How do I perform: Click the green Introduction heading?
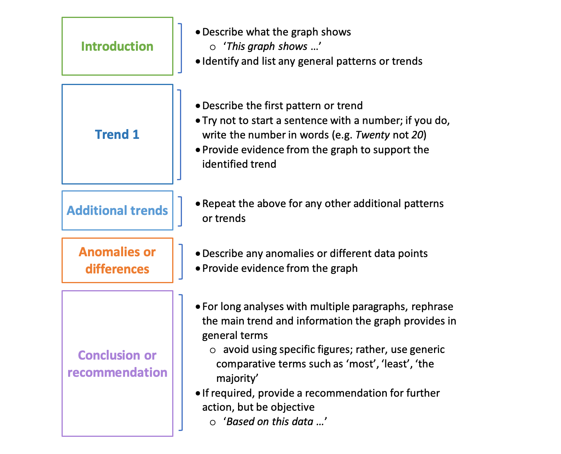(x=117, y=46)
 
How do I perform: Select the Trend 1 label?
(x=117, y=135)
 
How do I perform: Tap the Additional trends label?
(x=117, y=211)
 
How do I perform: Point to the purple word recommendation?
(x=117, y=372)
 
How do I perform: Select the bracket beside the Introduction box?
(x=180, y=48)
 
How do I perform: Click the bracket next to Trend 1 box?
(x=180, y=135)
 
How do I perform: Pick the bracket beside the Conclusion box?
(x=181, y=363)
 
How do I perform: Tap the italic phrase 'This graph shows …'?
(x=272, y=46)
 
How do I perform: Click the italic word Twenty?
(x=372, y=135)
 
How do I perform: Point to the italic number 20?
(x=417, y=135)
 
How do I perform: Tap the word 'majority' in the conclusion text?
(x=237, y=378)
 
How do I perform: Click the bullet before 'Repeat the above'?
(x=198, y=204)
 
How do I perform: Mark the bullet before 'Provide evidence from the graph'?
(x=198, y=268)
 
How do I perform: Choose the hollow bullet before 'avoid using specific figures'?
(x=213, y=350)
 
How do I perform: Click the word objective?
(x=293, y=407)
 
